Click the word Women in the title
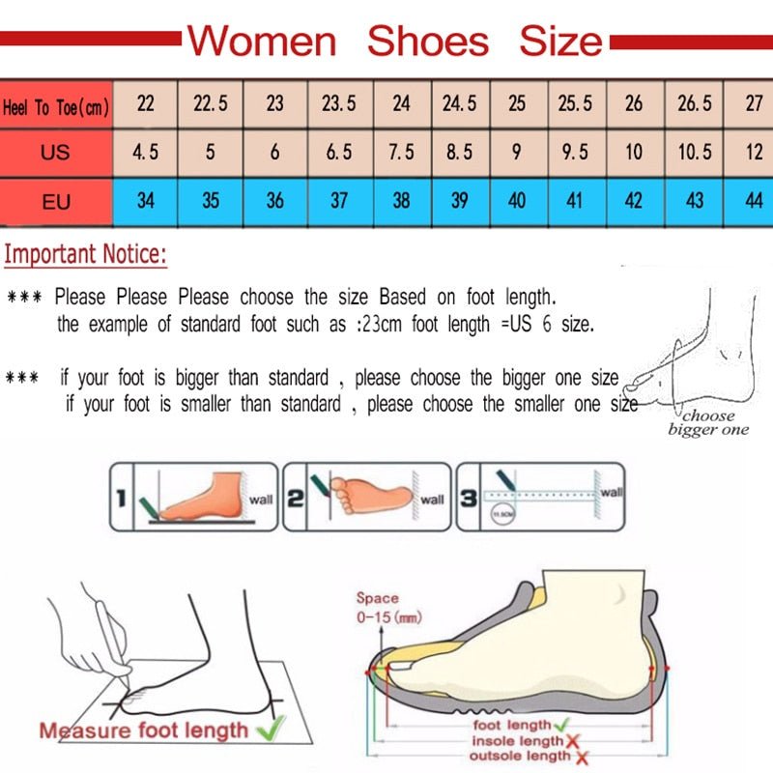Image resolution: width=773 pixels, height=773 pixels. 261,42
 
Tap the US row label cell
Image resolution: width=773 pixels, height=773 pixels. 55,153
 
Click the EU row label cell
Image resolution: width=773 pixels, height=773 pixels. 55,202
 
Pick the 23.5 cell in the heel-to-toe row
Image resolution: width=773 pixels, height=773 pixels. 338,103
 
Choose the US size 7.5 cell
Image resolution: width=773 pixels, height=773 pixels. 401,153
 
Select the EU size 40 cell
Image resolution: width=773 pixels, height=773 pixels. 517,201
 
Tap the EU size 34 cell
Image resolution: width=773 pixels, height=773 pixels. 145,201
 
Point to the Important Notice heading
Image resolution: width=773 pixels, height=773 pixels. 86,256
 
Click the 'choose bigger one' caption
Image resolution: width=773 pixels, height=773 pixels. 708,423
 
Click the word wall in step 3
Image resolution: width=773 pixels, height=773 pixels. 611,493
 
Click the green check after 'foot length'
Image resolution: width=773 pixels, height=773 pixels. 561,724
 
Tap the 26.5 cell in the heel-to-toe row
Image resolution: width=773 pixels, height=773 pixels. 694,103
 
